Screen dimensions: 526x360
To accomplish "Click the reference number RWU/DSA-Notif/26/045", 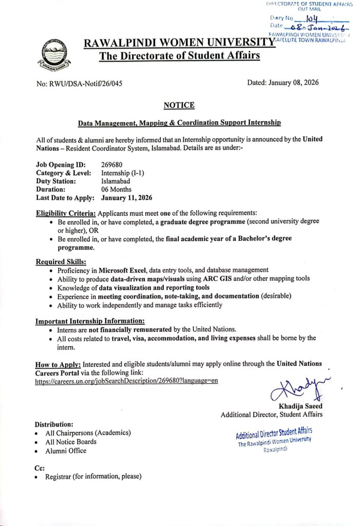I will [x=80, y=83].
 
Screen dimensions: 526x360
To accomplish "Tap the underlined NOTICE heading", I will [x=179, y=105].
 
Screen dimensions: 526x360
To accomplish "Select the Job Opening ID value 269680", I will [x=111, y=164].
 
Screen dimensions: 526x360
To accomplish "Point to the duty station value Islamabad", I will [x=116, y=181].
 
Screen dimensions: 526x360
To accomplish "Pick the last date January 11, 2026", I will [x=127, y=198].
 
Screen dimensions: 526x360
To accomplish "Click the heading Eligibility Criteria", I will [x=66, y=213].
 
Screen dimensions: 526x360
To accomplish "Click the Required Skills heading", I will [x=60, y=261].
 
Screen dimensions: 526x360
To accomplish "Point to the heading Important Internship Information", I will [x=86, y=321].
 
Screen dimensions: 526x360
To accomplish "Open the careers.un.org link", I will [x=127, y=381].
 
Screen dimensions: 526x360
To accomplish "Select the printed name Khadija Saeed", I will [x=300, y=406].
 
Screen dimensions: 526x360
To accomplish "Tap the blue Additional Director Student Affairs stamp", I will [x=274, y=440].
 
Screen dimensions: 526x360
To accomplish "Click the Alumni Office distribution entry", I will [x=66, y=451].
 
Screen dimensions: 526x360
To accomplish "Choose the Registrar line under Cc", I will [x=93, y=477].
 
